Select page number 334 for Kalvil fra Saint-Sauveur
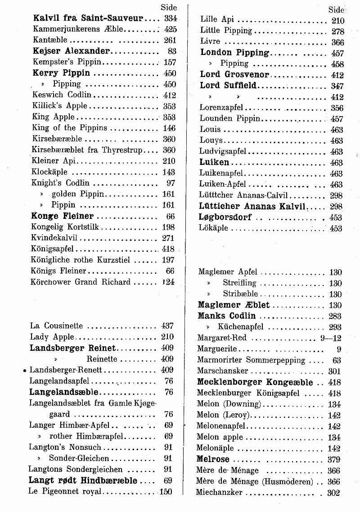point(171,18)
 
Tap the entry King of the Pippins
point(70,128)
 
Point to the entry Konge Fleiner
point(63,216)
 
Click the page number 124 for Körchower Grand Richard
point(168,282)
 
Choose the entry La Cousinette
point(56,326)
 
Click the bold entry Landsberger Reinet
point(72,348)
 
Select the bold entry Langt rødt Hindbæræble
point(83,480)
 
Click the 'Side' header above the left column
point(169,8)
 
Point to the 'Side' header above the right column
point(336,9)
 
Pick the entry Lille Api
point(215,20)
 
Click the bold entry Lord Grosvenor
point(234,75)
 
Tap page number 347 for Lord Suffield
point(337,86)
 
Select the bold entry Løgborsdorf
point(225,217)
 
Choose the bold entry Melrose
point(213,460)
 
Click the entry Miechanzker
point(219,493)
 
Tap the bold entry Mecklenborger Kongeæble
point(255,382)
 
